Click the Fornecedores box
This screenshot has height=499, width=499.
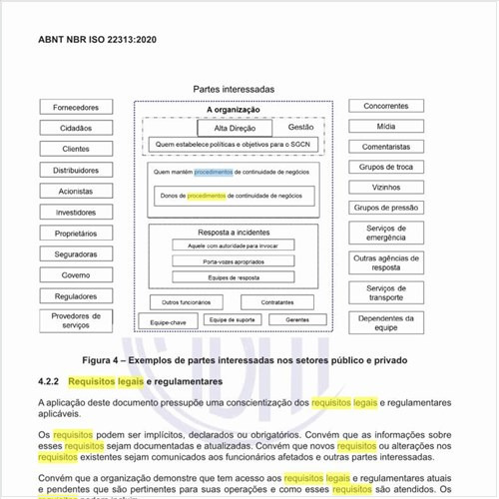77,107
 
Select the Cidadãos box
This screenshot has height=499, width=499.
77,128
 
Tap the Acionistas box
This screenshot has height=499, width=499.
77,191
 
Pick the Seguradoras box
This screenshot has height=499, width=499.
77,253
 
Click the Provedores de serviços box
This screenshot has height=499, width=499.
77,319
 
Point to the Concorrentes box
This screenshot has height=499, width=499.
386,106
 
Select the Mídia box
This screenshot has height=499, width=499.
386,127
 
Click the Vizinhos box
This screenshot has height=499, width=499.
386,187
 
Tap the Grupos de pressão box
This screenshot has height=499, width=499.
386,208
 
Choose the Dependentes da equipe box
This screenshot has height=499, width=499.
386,321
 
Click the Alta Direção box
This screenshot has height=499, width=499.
236,129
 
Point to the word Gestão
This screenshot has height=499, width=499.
301,128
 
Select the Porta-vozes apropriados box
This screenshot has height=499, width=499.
234,260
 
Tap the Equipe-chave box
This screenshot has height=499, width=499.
168,322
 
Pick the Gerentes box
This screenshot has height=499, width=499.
296,319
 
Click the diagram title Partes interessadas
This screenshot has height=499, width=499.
234,90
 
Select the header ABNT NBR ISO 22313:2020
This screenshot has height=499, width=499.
97,40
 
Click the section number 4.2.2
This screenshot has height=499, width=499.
49,381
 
